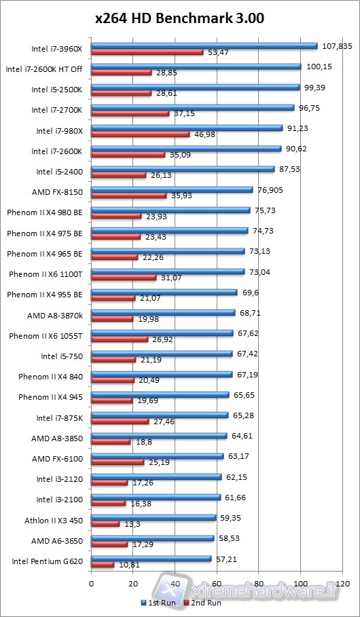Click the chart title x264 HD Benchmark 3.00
coord(179,18)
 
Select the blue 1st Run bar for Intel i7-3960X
coord(204,46)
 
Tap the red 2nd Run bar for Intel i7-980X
coord(140,134)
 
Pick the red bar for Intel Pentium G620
coord(103,565)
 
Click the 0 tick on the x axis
coord(91,582)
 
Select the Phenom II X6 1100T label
coord(46,274)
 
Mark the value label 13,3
coord(132,523)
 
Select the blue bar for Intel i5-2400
coord(183,169)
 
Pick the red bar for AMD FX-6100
coord(118,462)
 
